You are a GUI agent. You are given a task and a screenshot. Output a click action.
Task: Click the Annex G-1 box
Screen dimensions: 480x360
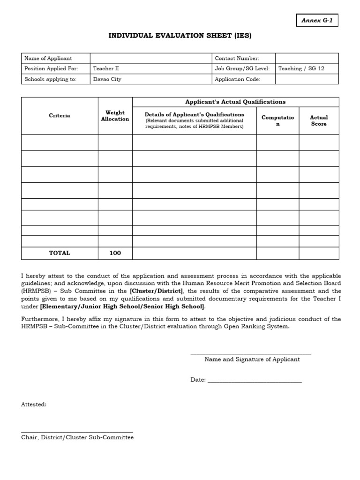click(317, 21)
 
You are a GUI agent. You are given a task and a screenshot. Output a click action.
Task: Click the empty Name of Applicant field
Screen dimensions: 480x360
click(150, 58)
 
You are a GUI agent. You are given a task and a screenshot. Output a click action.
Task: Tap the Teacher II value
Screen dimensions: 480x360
click(106, 68)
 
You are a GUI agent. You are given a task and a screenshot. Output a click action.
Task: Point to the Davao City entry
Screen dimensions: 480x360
click(107, 79)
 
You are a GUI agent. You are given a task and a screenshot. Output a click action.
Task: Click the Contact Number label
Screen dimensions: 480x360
click(237, 58)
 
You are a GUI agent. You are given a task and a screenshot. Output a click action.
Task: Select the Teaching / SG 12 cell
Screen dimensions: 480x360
click(301, 68)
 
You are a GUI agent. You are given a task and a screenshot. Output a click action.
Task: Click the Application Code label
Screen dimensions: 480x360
click(237, 79)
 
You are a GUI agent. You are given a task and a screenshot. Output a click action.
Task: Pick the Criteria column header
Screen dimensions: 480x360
click(60, 116)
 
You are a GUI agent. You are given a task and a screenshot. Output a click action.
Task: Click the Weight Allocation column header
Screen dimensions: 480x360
click(115, 116)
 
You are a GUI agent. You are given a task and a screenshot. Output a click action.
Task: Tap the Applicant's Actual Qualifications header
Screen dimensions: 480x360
click(235, 102)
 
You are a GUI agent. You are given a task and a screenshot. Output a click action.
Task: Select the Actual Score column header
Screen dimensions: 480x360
click(319, 120)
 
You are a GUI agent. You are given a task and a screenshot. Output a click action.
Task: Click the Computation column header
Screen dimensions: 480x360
click(277, 120)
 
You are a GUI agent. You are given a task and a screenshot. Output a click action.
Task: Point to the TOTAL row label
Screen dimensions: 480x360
click(60, 253)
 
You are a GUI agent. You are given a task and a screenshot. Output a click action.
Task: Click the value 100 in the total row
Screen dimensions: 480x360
click(115, 253)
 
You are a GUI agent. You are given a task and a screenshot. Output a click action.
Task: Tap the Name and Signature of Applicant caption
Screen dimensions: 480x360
click(252, 360)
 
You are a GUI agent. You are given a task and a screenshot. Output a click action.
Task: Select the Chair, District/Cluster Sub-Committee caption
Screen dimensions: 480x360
click(77, 437)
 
